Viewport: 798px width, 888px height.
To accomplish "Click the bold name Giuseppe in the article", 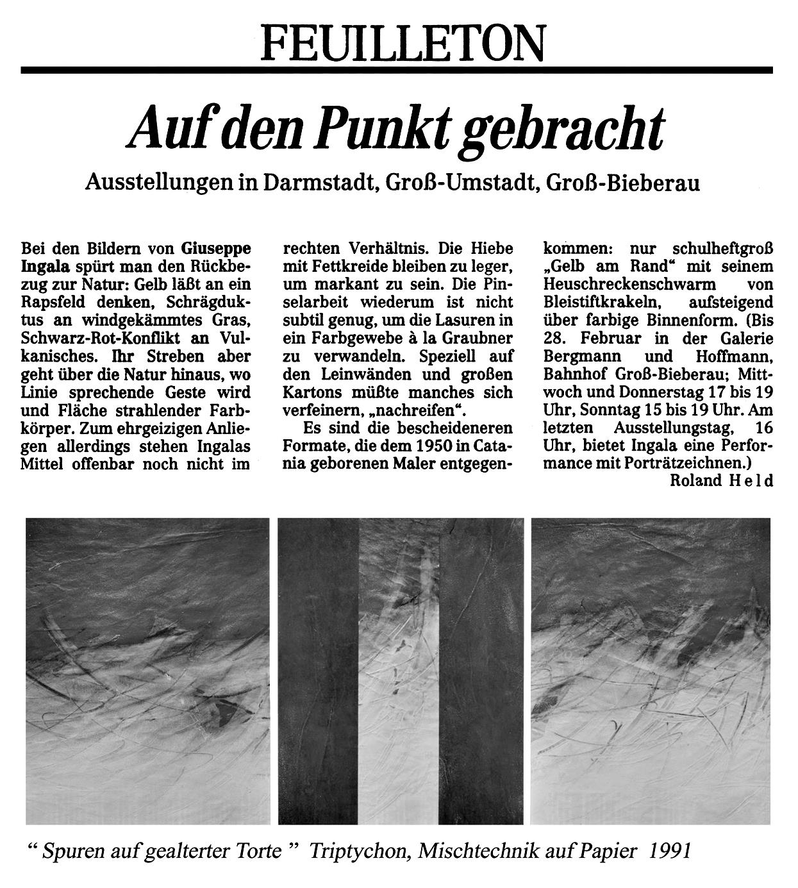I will coord(216,247).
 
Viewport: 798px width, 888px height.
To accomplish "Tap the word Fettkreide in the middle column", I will coord(344,265).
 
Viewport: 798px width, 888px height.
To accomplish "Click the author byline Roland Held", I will coord(721,480).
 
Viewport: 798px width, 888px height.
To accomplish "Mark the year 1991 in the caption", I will coord(670,851).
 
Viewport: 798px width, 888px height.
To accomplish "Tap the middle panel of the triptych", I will coord(400,670).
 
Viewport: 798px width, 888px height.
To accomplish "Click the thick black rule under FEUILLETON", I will coord(396,69).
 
